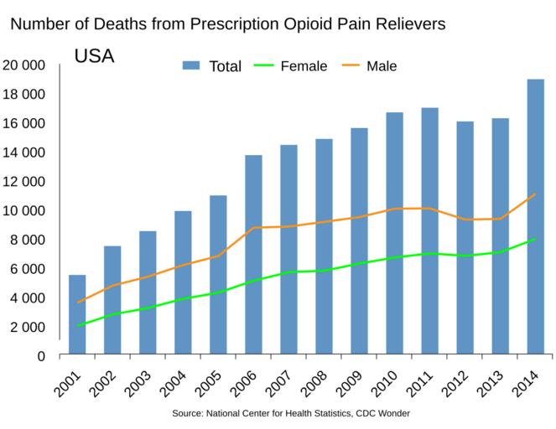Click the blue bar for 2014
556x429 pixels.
[x=535, y=217]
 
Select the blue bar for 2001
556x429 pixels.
[x=77, y=315]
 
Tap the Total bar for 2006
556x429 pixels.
[x=253, y=255]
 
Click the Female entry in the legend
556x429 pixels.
[x=304, y=66]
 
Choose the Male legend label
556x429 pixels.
[x=382, y=66]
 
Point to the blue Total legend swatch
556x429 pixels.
[x=192, y=66]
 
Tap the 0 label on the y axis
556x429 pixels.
[x=40, y=356]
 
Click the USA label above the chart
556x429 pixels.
[x=94, y=57]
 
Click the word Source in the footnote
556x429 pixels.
[x=189, y=414]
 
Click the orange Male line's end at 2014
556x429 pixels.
[x=535, y=194]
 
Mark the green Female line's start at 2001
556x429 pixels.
[x=78, y=325]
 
